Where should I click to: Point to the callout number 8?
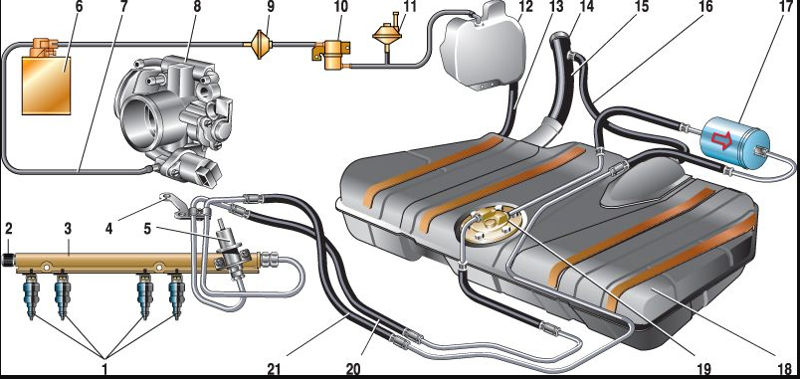coord(197,7)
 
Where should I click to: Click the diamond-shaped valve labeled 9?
coord(261,45)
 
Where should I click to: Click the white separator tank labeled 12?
coord(483,49)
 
